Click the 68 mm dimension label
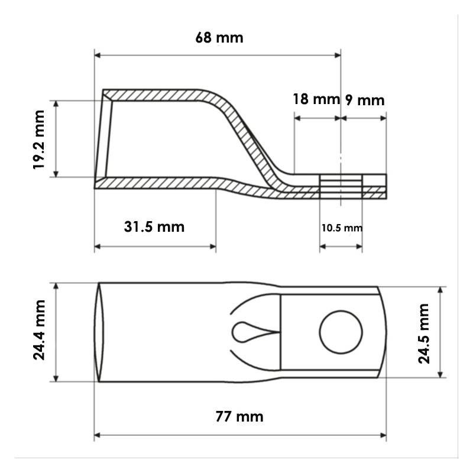219,38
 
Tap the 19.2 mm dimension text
39,140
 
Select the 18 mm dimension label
316,99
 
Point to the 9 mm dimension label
365,101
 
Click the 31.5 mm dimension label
154,227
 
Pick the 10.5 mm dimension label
342,228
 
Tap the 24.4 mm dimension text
39,330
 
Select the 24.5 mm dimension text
423,333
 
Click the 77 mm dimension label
239,417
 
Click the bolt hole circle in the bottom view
341,311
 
